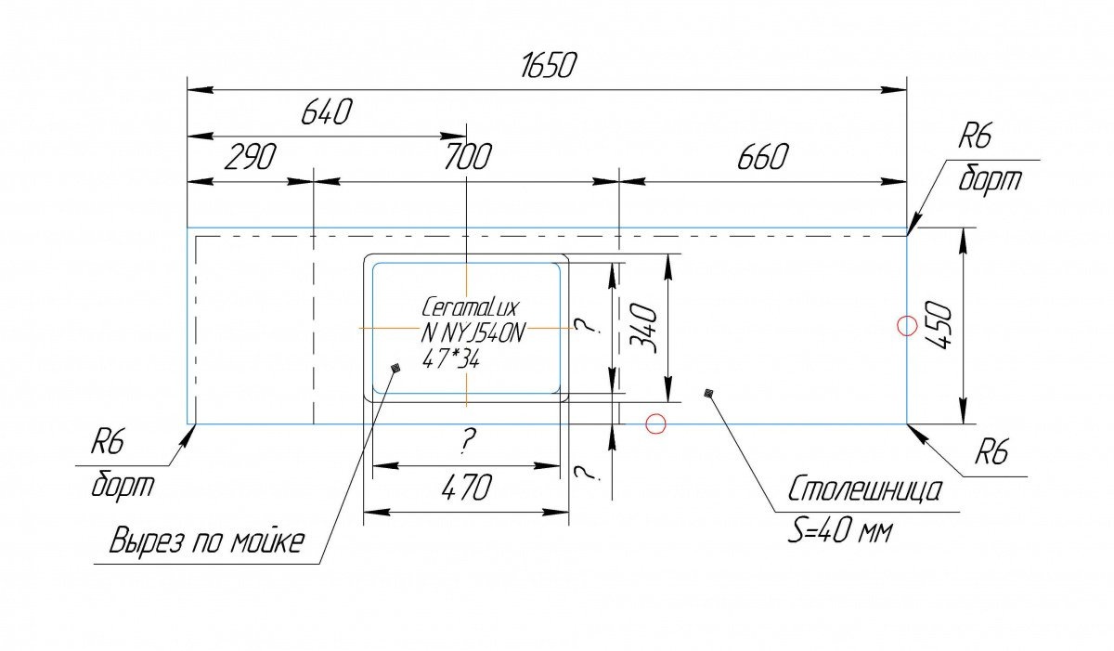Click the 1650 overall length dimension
tap(548, 66)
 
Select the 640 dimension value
tap(326, 111)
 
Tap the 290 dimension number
tap(250, 157)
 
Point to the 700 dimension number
tap(467, 156)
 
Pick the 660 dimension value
tap(762, 157)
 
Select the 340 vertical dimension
tap(644, 329)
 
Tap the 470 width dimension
tap(466, 488)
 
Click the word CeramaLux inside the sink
tap(470, 307)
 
